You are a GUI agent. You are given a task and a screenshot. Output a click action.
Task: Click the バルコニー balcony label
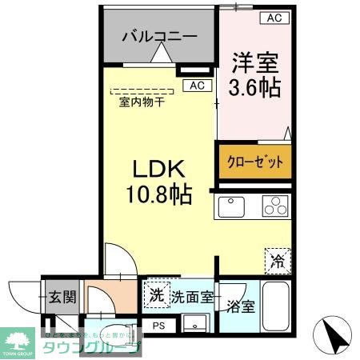click(159, 36)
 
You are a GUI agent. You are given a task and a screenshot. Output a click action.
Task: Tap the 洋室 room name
click(256, 61)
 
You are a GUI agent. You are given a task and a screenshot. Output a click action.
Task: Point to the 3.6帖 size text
click(256, 87)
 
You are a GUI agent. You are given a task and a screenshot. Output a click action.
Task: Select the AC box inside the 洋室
click(274, 17)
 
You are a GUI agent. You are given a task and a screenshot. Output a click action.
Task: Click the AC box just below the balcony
click(197, 86)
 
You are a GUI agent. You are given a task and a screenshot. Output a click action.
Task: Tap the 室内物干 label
click(142, 102)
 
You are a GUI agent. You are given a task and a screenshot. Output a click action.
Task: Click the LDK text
click(158, 170)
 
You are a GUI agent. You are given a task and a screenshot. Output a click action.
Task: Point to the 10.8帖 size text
click(158, 194)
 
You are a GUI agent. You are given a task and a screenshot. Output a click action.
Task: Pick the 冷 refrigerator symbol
click(276, 259)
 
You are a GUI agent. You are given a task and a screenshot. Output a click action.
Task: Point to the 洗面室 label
click(192, 297)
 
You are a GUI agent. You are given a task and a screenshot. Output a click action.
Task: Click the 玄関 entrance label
click(61, 297)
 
